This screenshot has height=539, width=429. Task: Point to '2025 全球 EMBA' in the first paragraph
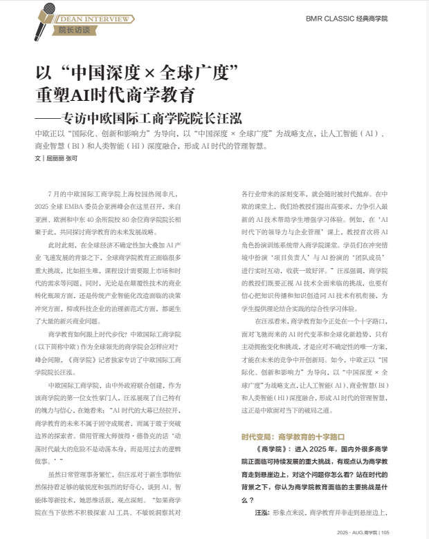(59, 207)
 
